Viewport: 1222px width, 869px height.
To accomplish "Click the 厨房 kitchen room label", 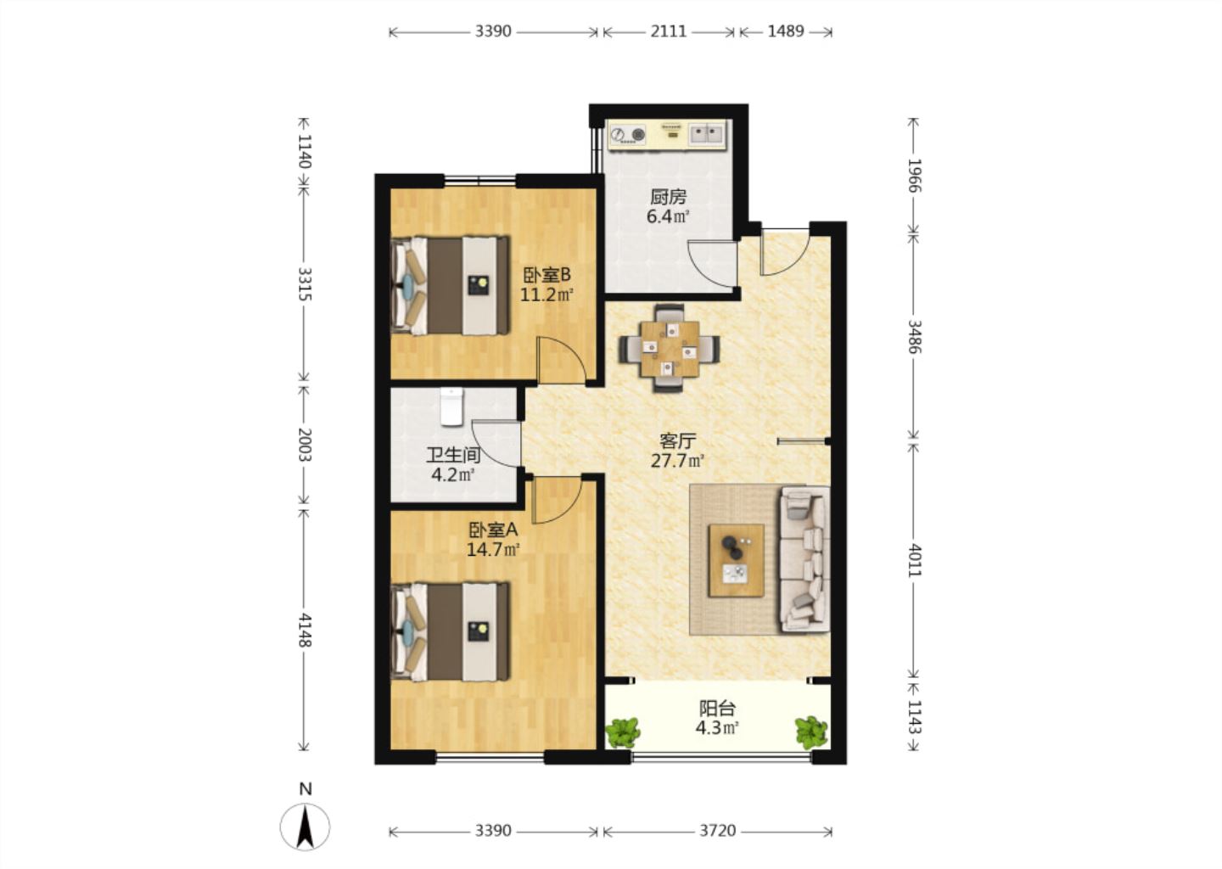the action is tap(668, 196).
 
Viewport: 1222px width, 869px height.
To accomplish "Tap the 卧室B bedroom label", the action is tap(547, 274).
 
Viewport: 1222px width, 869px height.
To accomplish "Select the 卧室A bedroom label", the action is tap(493, 530).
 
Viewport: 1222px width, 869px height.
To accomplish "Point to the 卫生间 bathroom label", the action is tap(453, 455).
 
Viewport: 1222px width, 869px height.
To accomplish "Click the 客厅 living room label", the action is tap(677, 440).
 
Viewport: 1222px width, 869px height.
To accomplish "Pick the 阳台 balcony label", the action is tap(717, 709).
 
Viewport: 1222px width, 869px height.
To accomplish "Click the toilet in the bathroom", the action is tap(451, 406).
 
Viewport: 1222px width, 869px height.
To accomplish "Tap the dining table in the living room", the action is tap(670, 349).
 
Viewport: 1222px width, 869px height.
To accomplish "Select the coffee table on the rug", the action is tap(736, 560).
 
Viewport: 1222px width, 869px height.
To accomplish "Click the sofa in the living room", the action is tap(805, 560).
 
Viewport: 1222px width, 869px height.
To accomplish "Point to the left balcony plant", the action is tap(623, 732).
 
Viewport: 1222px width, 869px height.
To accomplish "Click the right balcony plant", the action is tap(812, 732).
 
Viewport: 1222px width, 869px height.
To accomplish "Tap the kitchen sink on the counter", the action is tap(707, 132).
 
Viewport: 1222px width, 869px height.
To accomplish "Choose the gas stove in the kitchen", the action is tap(627, 134).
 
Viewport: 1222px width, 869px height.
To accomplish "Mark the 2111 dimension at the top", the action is tap(669, 31).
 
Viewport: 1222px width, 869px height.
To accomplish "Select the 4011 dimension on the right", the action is tap(914, 560).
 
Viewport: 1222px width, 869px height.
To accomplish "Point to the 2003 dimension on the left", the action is tap(305, 445).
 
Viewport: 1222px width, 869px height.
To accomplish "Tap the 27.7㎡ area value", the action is tap(677, 462).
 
